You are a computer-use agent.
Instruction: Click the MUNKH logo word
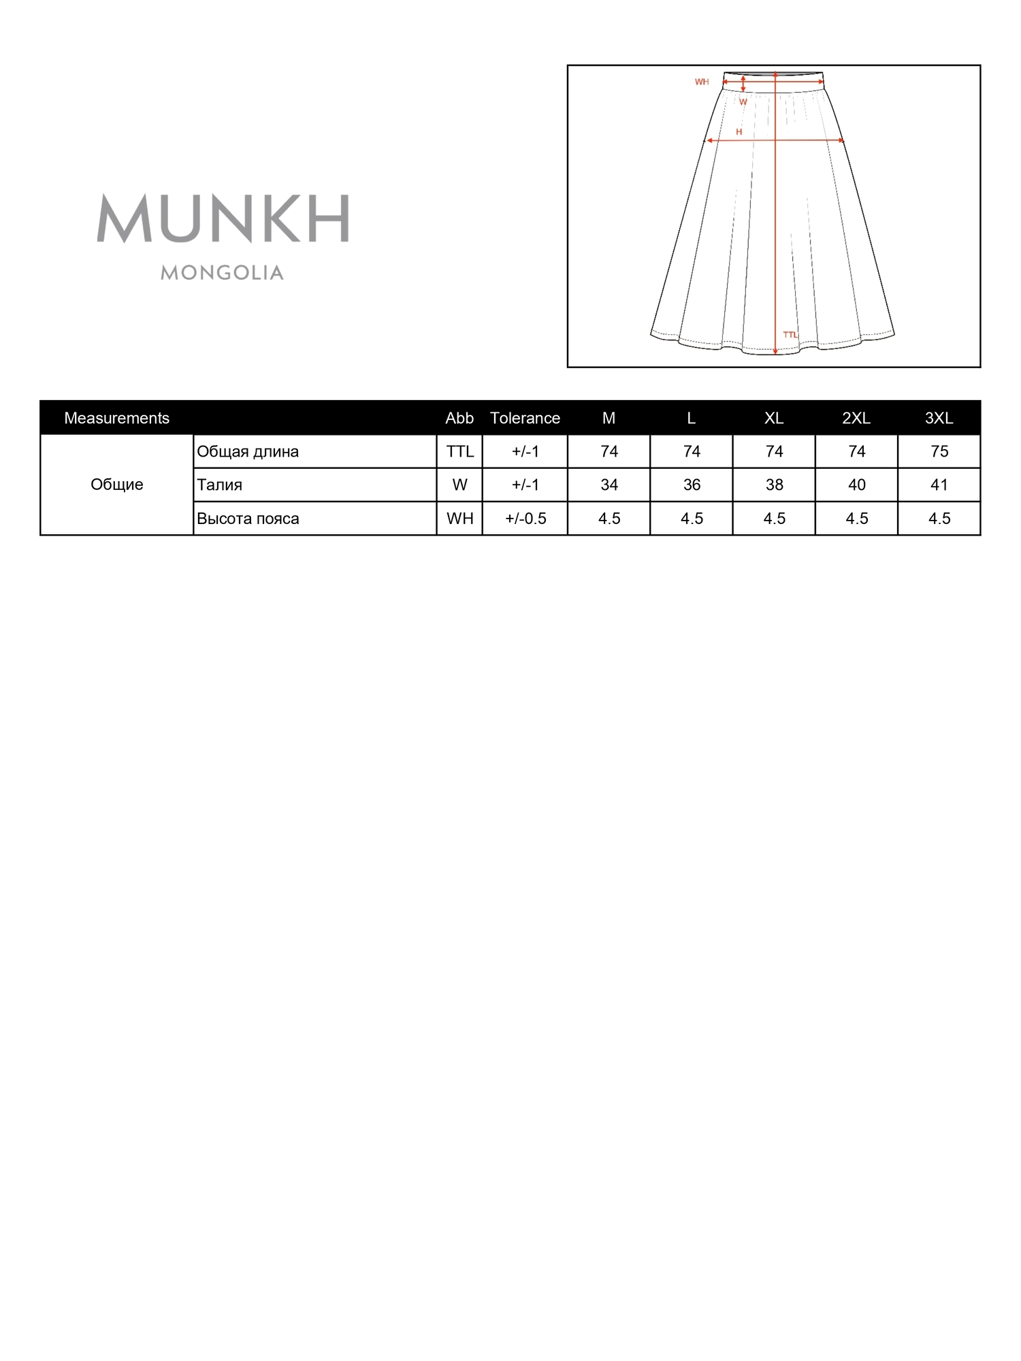point(223,219)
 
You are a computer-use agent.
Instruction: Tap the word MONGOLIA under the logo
point(222,273)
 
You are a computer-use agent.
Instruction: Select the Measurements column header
point(116,418)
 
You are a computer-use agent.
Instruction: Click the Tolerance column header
point(525,418)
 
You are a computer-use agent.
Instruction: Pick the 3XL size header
point(939,418)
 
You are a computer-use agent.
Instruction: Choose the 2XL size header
point(856,418)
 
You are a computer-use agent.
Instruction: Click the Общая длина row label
point(248,452)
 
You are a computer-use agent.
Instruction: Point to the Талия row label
point(219,485)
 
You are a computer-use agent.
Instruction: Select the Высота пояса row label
point(248,519)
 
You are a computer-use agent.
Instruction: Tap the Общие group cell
point(116,485)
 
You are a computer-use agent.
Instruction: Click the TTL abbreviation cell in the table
point(459,452)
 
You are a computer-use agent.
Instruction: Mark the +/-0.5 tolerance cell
point(525,519)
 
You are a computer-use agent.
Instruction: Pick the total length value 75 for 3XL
point(939,452)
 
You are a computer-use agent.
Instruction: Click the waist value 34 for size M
point(609,485)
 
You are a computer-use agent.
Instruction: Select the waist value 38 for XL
point(774,485)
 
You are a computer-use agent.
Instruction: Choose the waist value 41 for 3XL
point(939,485)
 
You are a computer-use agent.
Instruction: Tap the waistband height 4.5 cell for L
point(692,519)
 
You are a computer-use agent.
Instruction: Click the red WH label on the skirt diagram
point(702,82)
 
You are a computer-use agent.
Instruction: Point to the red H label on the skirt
point(739,132)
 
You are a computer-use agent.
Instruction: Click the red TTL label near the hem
point(790,335)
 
